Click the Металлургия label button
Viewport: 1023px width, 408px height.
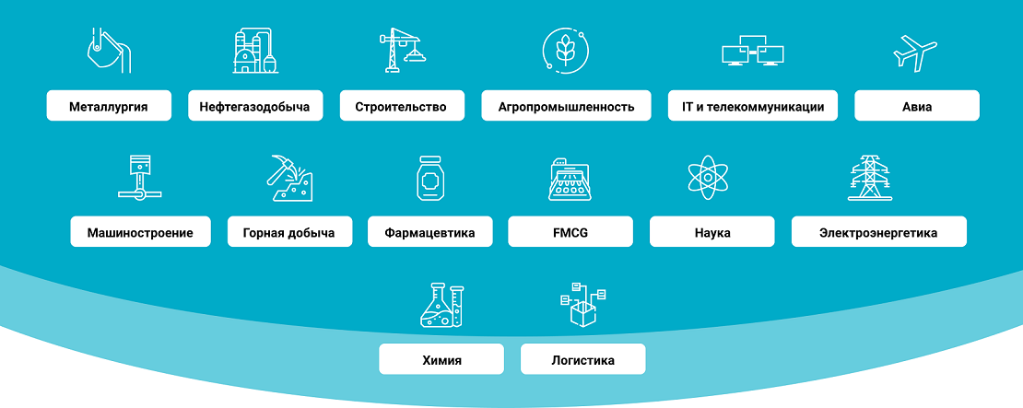pos(109,106)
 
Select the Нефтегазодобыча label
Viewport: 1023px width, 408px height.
pos(255,106)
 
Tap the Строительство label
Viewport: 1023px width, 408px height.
pos(402,106)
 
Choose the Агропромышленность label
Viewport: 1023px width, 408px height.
pos(566,106)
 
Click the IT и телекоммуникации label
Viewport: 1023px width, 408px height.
pos(753,106)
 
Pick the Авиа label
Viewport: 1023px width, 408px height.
pos(917,106)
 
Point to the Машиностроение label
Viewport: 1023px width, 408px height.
pos(141,231)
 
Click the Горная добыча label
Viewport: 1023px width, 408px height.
pos(289,231)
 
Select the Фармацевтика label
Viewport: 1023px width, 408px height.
pos(430,231)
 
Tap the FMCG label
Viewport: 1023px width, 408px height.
pos(570,231)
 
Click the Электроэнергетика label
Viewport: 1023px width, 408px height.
pos(879,231)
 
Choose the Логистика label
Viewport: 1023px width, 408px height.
pos(582,359)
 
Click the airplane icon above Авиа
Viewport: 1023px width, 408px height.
pos(914,52)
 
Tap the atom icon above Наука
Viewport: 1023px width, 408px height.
pos(706,177)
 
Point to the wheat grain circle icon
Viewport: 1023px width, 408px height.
pos(566,49)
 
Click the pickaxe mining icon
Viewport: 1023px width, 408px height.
pos(289,177)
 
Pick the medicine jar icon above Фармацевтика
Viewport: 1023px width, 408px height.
pos(430,177)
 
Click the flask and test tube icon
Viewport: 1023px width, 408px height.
pos(441,304)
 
